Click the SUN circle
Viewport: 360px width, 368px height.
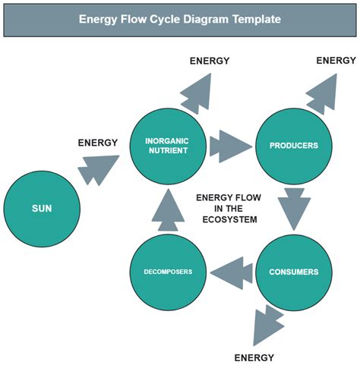tap(41, 208)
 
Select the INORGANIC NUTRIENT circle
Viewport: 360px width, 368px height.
tap(166, 145)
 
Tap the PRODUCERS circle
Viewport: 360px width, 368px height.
tap(293, 145)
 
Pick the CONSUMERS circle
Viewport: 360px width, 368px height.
tap(293, 272)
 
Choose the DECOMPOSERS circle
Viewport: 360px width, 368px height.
tap(166, 272)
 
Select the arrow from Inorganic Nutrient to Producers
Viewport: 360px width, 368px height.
tap(229, 145)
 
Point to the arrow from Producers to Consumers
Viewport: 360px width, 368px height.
tap(293, 208)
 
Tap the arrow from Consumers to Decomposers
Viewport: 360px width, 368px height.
tap(231, 272)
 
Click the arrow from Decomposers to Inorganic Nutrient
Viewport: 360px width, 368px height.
tap(167, 212)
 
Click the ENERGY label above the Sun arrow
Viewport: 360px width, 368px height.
tap(98, 142)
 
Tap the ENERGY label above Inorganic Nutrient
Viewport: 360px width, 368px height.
tap(210, 61)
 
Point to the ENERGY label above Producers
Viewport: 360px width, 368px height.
tap(335, 61)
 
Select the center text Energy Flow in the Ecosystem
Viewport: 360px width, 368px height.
tap(229, 208)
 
